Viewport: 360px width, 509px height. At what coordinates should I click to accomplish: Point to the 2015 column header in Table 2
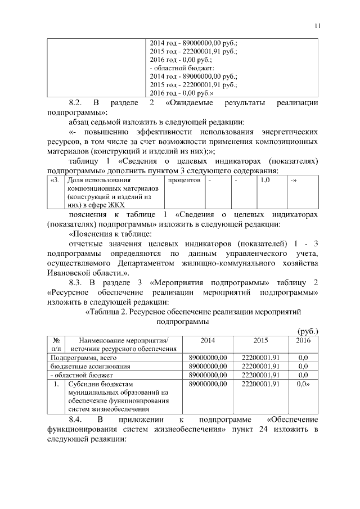point(260,340)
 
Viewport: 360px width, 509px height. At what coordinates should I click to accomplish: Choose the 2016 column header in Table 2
point(303,340)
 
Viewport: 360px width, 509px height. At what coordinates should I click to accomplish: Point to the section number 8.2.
point(76,103)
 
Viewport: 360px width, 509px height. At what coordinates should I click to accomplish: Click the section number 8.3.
point(76,281)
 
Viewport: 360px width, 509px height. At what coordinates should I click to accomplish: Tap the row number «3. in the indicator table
point(54,181)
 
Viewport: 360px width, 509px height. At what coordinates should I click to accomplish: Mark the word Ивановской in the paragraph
point(71,271)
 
